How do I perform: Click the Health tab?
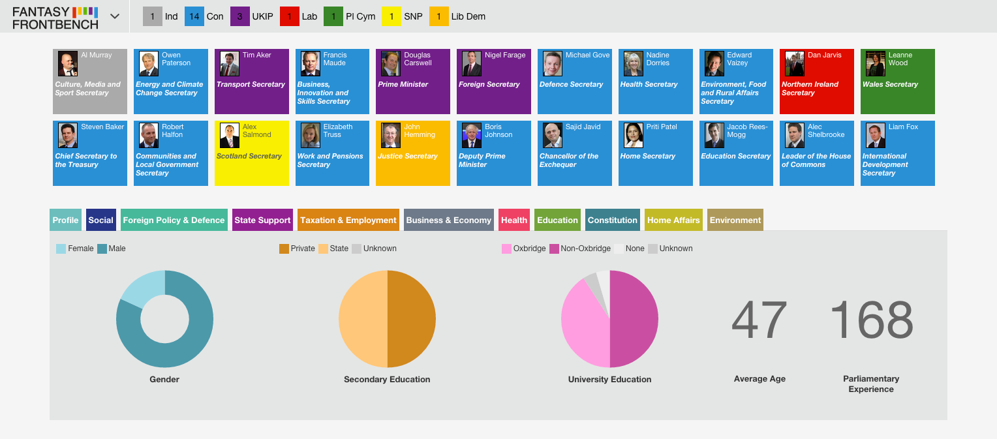pyautogui.click(x=514, y=220)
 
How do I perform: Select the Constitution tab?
pyautogui.click(x=613, y=220)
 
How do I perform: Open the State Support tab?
pyautogui.click(x=262, y=220)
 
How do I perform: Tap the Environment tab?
pyautogui.click(x=735, y=220)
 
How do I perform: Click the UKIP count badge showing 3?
pyautogui.click(x=240, y=16)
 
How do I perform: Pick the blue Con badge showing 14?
pyautogui.click(x=194, y=16)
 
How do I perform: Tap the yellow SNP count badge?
pyautogui.click(x=391, y=16)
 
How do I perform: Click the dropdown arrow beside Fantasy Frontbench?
pyautogui.click(x=115, y=16)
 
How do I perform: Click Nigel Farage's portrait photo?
pyautogui.click(x=471, y=64)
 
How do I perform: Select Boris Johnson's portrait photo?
pyautogui.click(x=471, y=135)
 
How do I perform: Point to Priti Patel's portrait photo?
pyautogui.click(x=634, y=135)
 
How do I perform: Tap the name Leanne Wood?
pyautogui.click(x=900, y=59)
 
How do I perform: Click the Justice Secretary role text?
pyautogui.click(x=408, y=156)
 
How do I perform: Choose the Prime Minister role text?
pyautogui.click(x=403, y=84)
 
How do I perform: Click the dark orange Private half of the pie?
pyautogui.click(x=412, y=319)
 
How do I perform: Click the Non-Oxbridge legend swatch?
pyautogui.click(x=554, y=249)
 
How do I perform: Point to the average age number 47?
pyautogui.click(x=759, y=320)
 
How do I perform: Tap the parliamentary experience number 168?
pyautogui.click(x=872, y=320)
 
